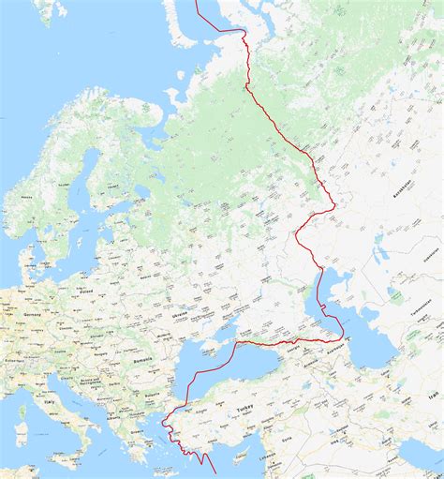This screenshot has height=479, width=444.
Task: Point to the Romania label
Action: point(142,359)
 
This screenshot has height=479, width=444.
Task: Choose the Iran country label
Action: point(433,398)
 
